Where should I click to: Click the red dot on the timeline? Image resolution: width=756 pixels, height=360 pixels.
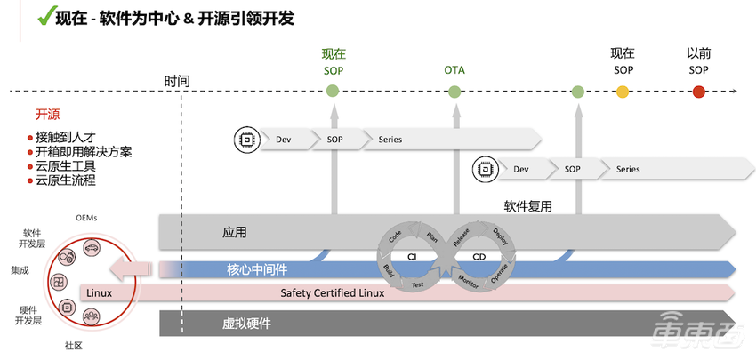(x=699, y=91)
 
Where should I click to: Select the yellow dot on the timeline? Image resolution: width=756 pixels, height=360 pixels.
(x=623, y=91)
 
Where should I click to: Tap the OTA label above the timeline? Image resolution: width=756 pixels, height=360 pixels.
(x=454, y=69)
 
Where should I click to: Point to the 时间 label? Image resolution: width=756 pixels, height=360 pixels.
(x=177, y=81)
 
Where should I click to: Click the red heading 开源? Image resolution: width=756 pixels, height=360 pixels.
(x=47, y=115)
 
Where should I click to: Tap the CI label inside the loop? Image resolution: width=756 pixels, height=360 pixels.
(x=413, y=256)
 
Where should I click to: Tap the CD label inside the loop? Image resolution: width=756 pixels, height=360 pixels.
(x=479, y=256)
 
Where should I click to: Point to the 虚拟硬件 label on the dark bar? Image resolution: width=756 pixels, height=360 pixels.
(x=246, y=324)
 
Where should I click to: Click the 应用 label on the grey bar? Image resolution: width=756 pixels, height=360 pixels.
(x=234, y=233)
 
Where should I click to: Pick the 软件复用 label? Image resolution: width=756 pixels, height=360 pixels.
(x=528, y=206)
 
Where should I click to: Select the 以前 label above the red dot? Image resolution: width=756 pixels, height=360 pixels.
(x=699, y=53)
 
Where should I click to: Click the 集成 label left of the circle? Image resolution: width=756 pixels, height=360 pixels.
(x=20, y=269)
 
